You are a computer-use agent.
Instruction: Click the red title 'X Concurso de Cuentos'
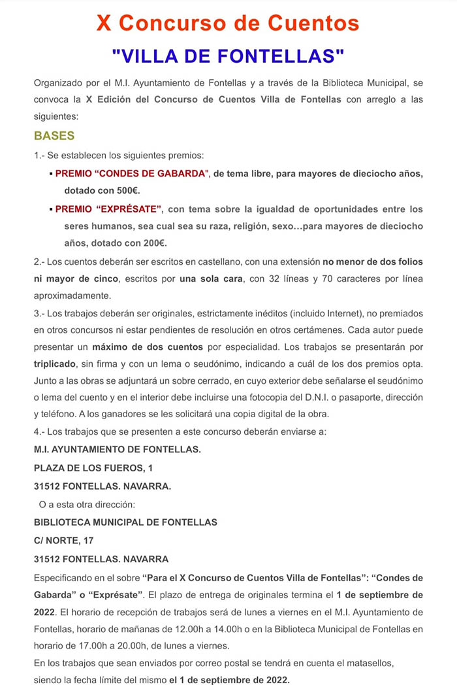click(x=228, y=24)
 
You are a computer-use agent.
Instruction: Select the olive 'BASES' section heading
click(x=54, y=136)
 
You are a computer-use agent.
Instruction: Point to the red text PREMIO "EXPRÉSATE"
click(x=108, y=209)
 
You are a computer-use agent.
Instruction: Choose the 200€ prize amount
click(x=154, y=243)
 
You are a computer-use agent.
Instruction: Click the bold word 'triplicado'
click(x=55, y=363)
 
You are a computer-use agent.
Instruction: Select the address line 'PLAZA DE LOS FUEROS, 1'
click(x=93, y=468)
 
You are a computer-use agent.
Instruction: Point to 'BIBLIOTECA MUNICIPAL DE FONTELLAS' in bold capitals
click(x=125, y=522)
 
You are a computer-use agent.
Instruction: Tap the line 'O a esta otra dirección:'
click(x=87, y=504)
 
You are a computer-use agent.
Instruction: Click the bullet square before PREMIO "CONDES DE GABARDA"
click(x=51, y=175)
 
